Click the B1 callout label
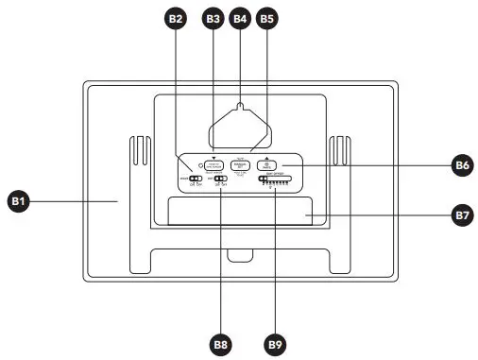coord(19,200)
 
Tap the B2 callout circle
coord(176,17)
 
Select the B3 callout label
coord(213,17)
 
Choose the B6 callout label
coord(461,165)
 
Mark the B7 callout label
coord(461,215)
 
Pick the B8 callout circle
coord(222,345)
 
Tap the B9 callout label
coord(275,345)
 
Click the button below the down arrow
coord(213,164)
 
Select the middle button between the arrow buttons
coord(240,164)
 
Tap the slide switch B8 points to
coord(221,179)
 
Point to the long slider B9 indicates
coord(274,179)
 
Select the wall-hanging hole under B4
coord(240,106)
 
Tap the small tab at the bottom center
coord(239,252)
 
